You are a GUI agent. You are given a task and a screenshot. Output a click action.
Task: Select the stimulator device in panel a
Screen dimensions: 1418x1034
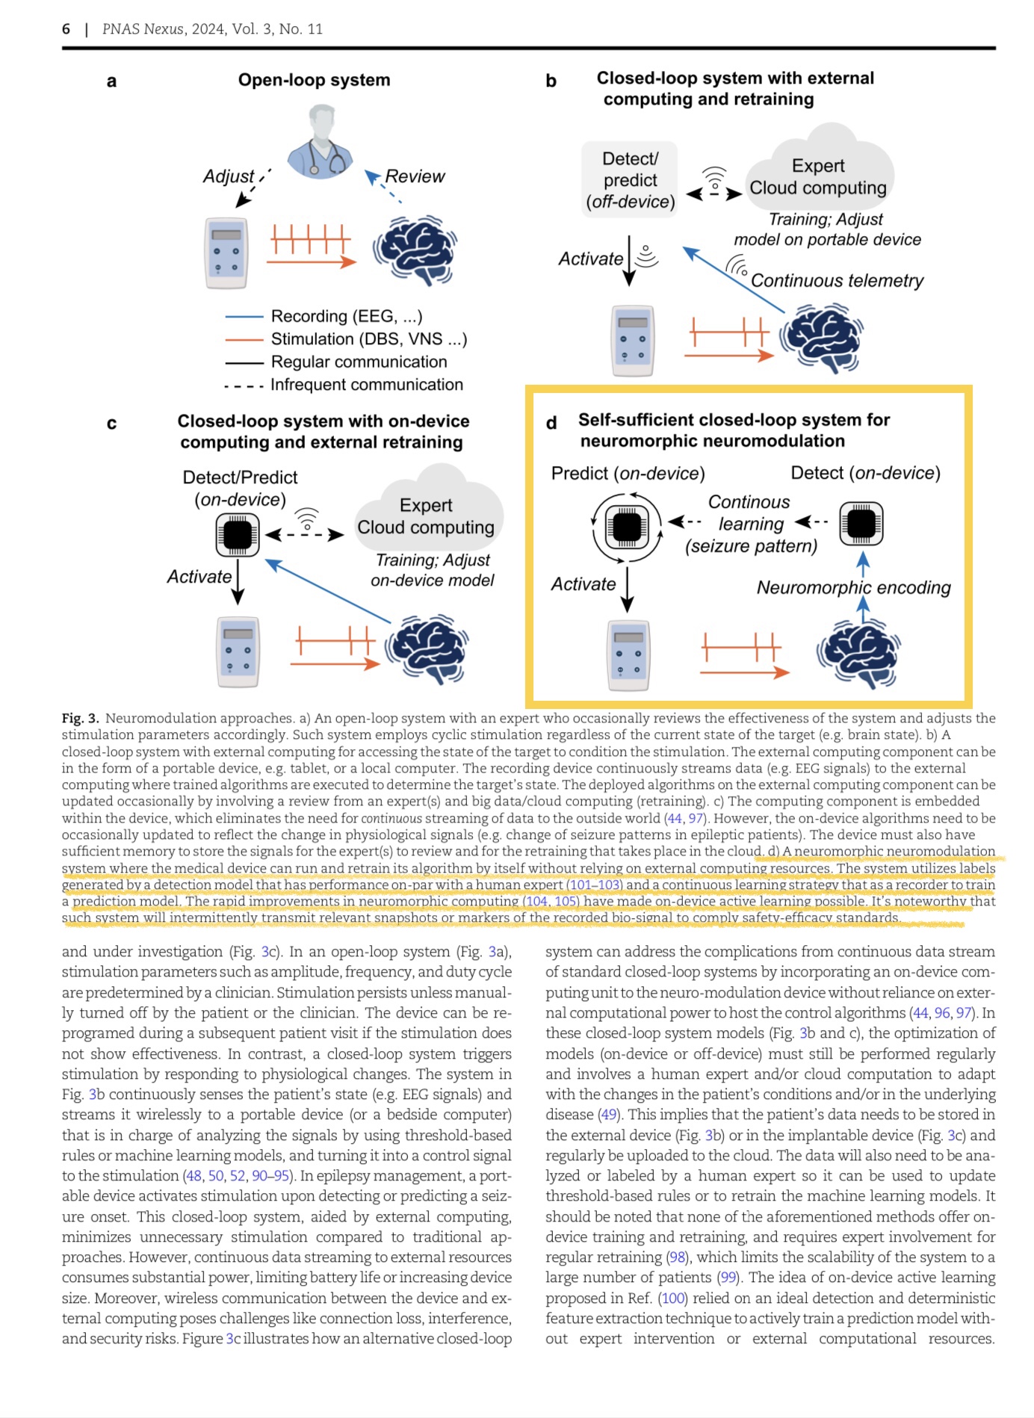pyautogui.click(x=226, y=253)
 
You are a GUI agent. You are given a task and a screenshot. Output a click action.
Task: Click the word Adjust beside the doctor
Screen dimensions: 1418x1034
pyautogui.click(x=229, y=176)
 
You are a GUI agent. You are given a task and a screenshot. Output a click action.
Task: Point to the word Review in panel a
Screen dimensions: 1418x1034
pyautogui.click(x=415, y=176)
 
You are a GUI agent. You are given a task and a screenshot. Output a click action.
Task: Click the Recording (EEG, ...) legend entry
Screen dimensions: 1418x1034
pyautogui.click(x=346, y=317)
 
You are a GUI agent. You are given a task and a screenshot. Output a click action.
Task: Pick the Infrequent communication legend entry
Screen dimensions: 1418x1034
pyautogui.click(x=366, y=385)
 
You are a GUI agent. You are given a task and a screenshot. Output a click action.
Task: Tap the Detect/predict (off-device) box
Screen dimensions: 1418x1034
pyautogui.click(x=630, y=180)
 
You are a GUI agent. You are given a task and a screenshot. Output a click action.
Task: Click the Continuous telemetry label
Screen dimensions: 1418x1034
pyautogui.click(x=837, y=281)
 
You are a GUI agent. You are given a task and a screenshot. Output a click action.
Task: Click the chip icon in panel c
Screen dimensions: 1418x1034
pyautogui.click(x=238, y=535)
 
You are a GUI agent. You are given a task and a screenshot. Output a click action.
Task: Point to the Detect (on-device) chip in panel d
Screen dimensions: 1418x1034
pyautogui.click(x=861, y=522)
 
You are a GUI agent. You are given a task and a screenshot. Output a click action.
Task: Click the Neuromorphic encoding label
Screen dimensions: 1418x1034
pyautogui.click(x=853, y=588)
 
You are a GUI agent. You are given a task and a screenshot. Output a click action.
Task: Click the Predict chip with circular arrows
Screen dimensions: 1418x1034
pyautogui.click(x=627, y=527)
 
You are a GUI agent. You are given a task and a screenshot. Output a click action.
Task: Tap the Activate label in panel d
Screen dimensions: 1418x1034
pyautogui.click(x=583, y=584)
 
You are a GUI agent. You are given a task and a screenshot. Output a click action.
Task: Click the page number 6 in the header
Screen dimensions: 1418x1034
pyautogui.click(x=66, y=29)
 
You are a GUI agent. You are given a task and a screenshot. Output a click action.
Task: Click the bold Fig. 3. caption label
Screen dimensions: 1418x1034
pyautogui.click(x=80, y=719)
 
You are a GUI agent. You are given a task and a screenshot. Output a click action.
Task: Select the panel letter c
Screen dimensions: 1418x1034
pyautogui.click(x=111, y=424)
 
